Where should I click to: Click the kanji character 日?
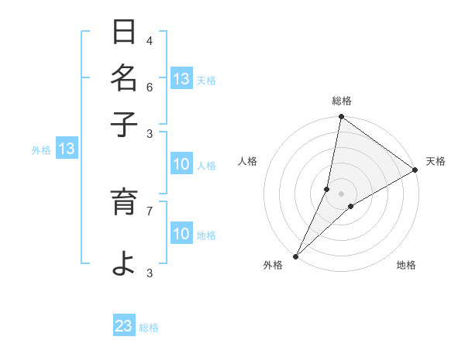tap(124, 33)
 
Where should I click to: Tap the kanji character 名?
tap(124, 79)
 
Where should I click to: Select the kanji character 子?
tap(124, 124)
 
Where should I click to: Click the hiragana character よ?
tap(124, 264)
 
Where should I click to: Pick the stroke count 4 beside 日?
tap(150, 41)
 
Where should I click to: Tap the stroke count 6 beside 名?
tap(150, 87)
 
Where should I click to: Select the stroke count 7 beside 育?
tap(150, 209)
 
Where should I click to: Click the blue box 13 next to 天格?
tap(181, 79)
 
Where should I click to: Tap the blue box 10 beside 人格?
tap(181, 164)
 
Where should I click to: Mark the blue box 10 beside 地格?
tap(181, 234)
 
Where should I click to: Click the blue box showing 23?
tap(124, 326)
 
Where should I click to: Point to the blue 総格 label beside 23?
tap(149, 328)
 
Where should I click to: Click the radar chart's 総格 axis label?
tap(342, 101)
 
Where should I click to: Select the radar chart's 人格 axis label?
tap(248, 161)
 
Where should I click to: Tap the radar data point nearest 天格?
tap(415, 170)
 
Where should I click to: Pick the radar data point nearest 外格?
tap(295, 256)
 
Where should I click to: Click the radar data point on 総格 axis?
tap(340, 118)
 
